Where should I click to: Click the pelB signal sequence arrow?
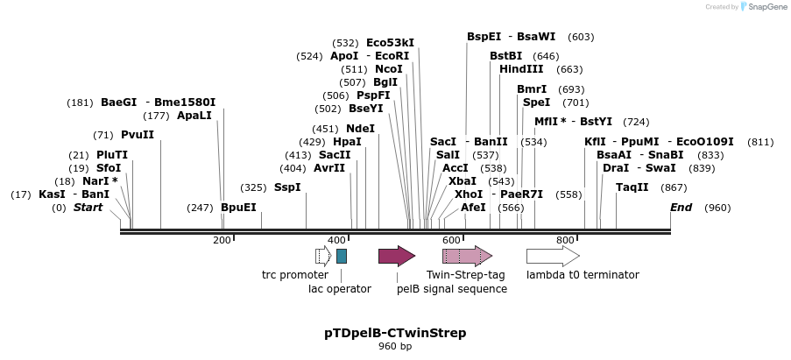[396, 256]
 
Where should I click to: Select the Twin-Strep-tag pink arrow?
[466, 256]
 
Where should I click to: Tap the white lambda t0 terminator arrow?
[552, 256]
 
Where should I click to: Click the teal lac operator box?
[342, 256]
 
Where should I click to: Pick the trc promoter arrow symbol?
[322, 256]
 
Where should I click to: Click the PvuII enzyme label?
[138, 135]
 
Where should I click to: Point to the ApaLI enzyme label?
[194, 116]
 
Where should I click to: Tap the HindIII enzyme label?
[521, 69]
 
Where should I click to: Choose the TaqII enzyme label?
[632, 187]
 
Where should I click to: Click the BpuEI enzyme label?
[238, 208]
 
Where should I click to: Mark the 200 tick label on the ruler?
[222, 240]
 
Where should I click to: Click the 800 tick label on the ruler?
[565, 240]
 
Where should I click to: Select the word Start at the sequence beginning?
[88, 208]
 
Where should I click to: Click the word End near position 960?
[681, 208]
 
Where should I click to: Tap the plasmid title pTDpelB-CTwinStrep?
[395, 333]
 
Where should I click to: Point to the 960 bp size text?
[395, 347]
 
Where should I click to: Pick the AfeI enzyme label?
[473, 208]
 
